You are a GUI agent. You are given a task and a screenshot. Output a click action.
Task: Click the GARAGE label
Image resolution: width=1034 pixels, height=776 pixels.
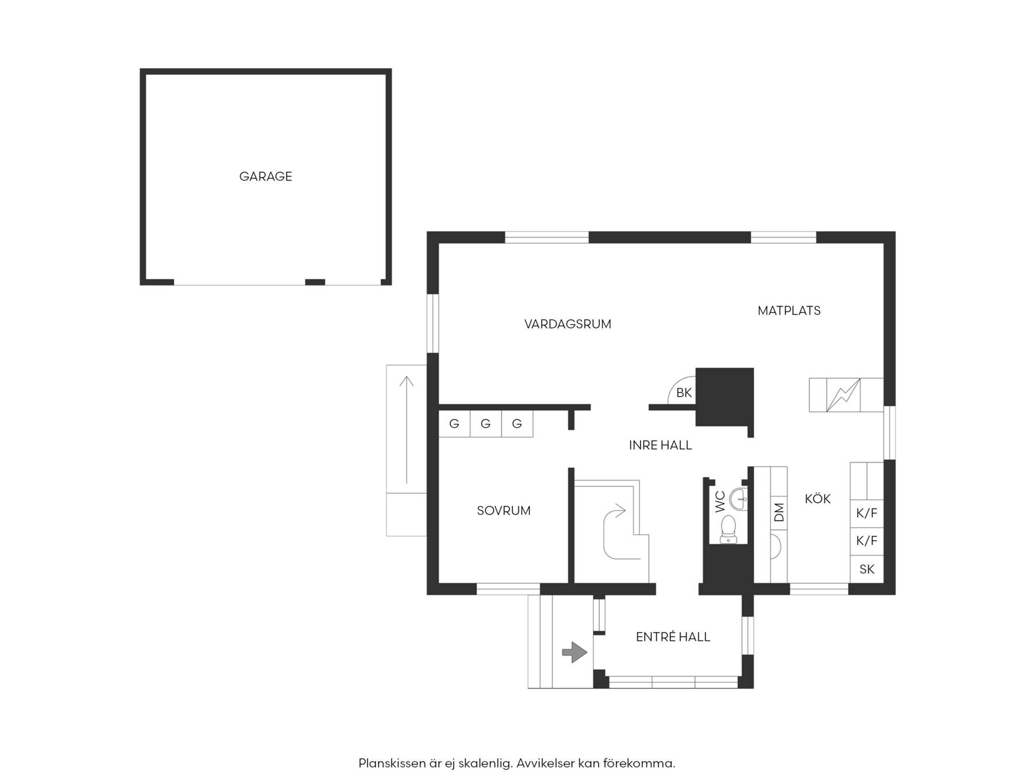[265, 176]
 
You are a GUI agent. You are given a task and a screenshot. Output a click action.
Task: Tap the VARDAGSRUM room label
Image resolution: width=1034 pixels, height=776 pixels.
[568, 324]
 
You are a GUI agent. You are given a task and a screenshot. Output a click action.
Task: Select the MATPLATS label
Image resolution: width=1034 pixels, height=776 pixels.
[789, 310]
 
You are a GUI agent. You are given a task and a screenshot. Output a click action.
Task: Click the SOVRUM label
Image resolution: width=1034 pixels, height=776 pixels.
[503, 510]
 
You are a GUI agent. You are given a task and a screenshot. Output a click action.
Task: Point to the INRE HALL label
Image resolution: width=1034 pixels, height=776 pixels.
[660, 445]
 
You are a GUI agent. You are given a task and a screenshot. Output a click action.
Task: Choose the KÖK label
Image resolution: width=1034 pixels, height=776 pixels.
[817, 498]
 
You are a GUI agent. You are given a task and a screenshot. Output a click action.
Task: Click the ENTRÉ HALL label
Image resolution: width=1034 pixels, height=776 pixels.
[673, 636]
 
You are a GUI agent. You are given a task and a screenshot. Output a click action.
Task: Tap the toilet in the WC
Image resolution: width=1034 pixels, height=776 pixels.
[728, 529]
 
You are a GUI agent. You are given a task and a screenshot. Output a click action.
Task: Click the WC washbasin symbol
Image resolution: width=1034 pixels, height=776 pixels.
[738, 499]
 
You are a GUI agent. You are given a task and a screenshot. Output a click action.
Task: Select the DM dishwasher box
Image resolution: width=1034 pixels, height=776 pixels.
[778, 512]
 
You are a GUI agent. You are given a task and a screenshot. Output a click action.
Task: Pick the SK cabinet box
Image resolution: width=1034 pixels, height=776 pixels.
[866, 569]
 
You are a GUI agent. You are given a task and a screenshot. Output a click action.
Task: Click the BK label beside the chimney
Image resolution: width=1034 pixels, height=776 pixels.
[684, 393]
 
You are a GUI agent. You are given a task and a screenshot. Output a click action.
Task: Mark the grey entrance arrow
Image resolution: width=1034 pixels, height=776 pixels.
[574, 652]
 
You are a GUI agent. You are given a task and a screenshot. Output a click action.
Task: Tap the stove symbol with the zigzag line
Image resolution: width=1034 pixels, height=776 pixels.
[843, 395]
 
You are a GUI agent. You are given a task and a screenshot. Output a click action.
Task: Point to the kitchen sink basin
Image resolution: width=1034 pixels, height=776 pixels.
[775, 547]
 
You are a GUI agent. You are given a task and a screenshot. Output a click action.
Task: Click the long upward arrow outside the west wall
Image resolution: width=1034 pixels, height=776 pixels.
[407, 430]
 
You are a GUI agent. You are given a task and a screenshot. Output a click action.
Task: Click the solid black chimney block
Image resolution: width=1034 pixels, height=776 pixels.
[724, 397]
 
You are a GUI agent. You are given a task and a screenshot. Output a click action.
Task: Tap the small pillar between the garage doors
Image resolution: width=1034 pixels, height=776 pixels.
[315, 282]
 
